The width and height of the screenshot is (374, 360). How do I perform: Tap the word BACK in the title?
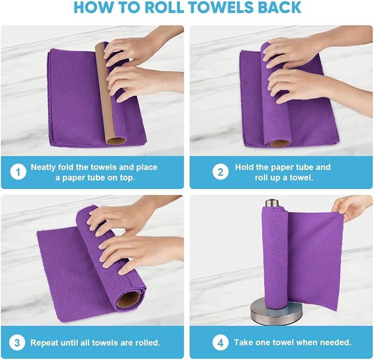[x=278, y=8]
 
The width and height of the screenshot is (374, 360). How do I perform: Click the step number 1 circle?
[x=18, y=172]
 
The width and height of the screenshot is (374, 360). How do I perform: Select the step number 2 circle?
[x=220, y=172]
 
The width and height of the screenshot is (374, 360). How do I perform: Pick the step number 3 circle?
[x=18, y=342]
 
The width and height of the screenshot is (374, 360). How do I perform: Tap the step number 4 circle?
[x=220, y=342]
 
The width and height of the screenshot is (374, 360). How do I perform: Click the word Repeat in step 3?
[x=45, y=342]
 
